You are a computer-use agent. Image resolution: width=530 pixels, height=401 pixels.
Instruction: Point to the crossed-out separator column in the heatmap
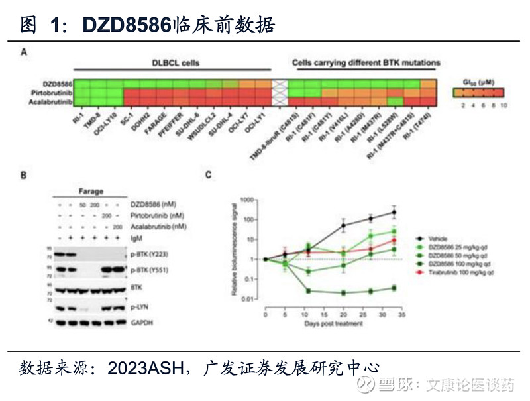click(280, 93)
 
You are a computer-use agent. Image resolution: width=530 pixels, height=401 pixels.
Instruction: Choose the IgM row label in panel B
click(136, 236)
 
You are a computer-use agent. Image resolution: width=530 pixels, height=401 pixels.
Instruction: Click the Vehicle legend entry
click(437, 237)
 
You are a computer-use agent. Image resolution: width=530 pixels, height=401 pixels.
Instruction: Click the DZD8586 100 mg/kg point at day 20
click(344, 292)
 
